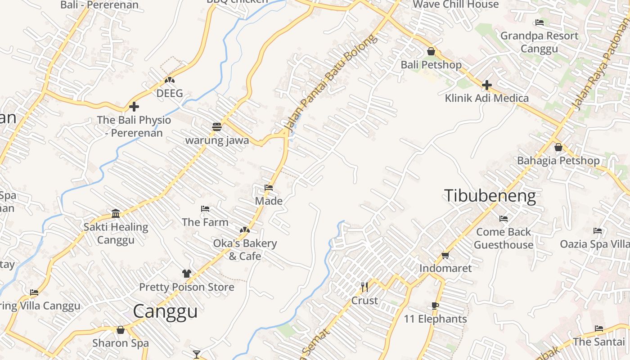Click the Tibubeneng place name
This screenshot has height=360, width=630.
click(490, 196)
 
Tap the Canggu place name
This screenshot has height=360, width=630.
click(165, 311)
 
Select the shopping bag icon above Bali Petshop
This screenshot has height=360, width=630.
click(431, 51)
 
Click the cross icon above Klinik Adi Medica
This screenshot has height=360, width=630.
click(486, 85)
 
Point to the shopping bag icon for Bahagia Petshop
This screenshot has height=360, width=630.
click(558, 147)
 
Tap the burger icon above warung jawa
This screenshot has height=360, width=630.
click(217, 126)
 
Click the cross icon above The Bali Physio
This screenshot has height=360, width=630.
click(134, 107)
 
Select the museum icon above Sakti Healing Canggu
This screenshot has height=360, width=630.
click(116, 213)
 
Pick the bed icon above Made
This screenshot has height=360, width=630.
click(269, 188)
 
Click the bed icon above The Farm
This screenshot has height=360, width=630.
click(205, 209)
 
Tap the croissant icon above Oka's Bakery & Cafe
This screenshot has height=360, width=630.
click(244, 230)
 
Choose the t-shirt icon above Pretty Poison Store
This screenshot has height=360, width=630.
click(186, 274)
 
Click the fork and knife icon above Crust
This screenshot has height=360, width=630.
click(364, 287)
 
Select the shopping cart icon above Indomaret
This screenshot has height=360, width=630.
click(445, 255)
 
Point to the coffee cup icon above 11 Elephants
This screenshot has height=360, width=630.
click(435, 306)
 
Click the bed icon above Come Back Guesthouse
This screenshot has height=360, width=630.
click(503, 219)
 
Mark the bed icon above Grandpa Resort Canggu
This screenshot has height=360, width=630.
click(539, 22)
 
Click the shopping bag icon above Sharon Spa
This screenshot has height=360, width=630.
click(120, 330)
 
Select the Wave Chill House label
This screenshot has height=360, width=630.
click(455, 4)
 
